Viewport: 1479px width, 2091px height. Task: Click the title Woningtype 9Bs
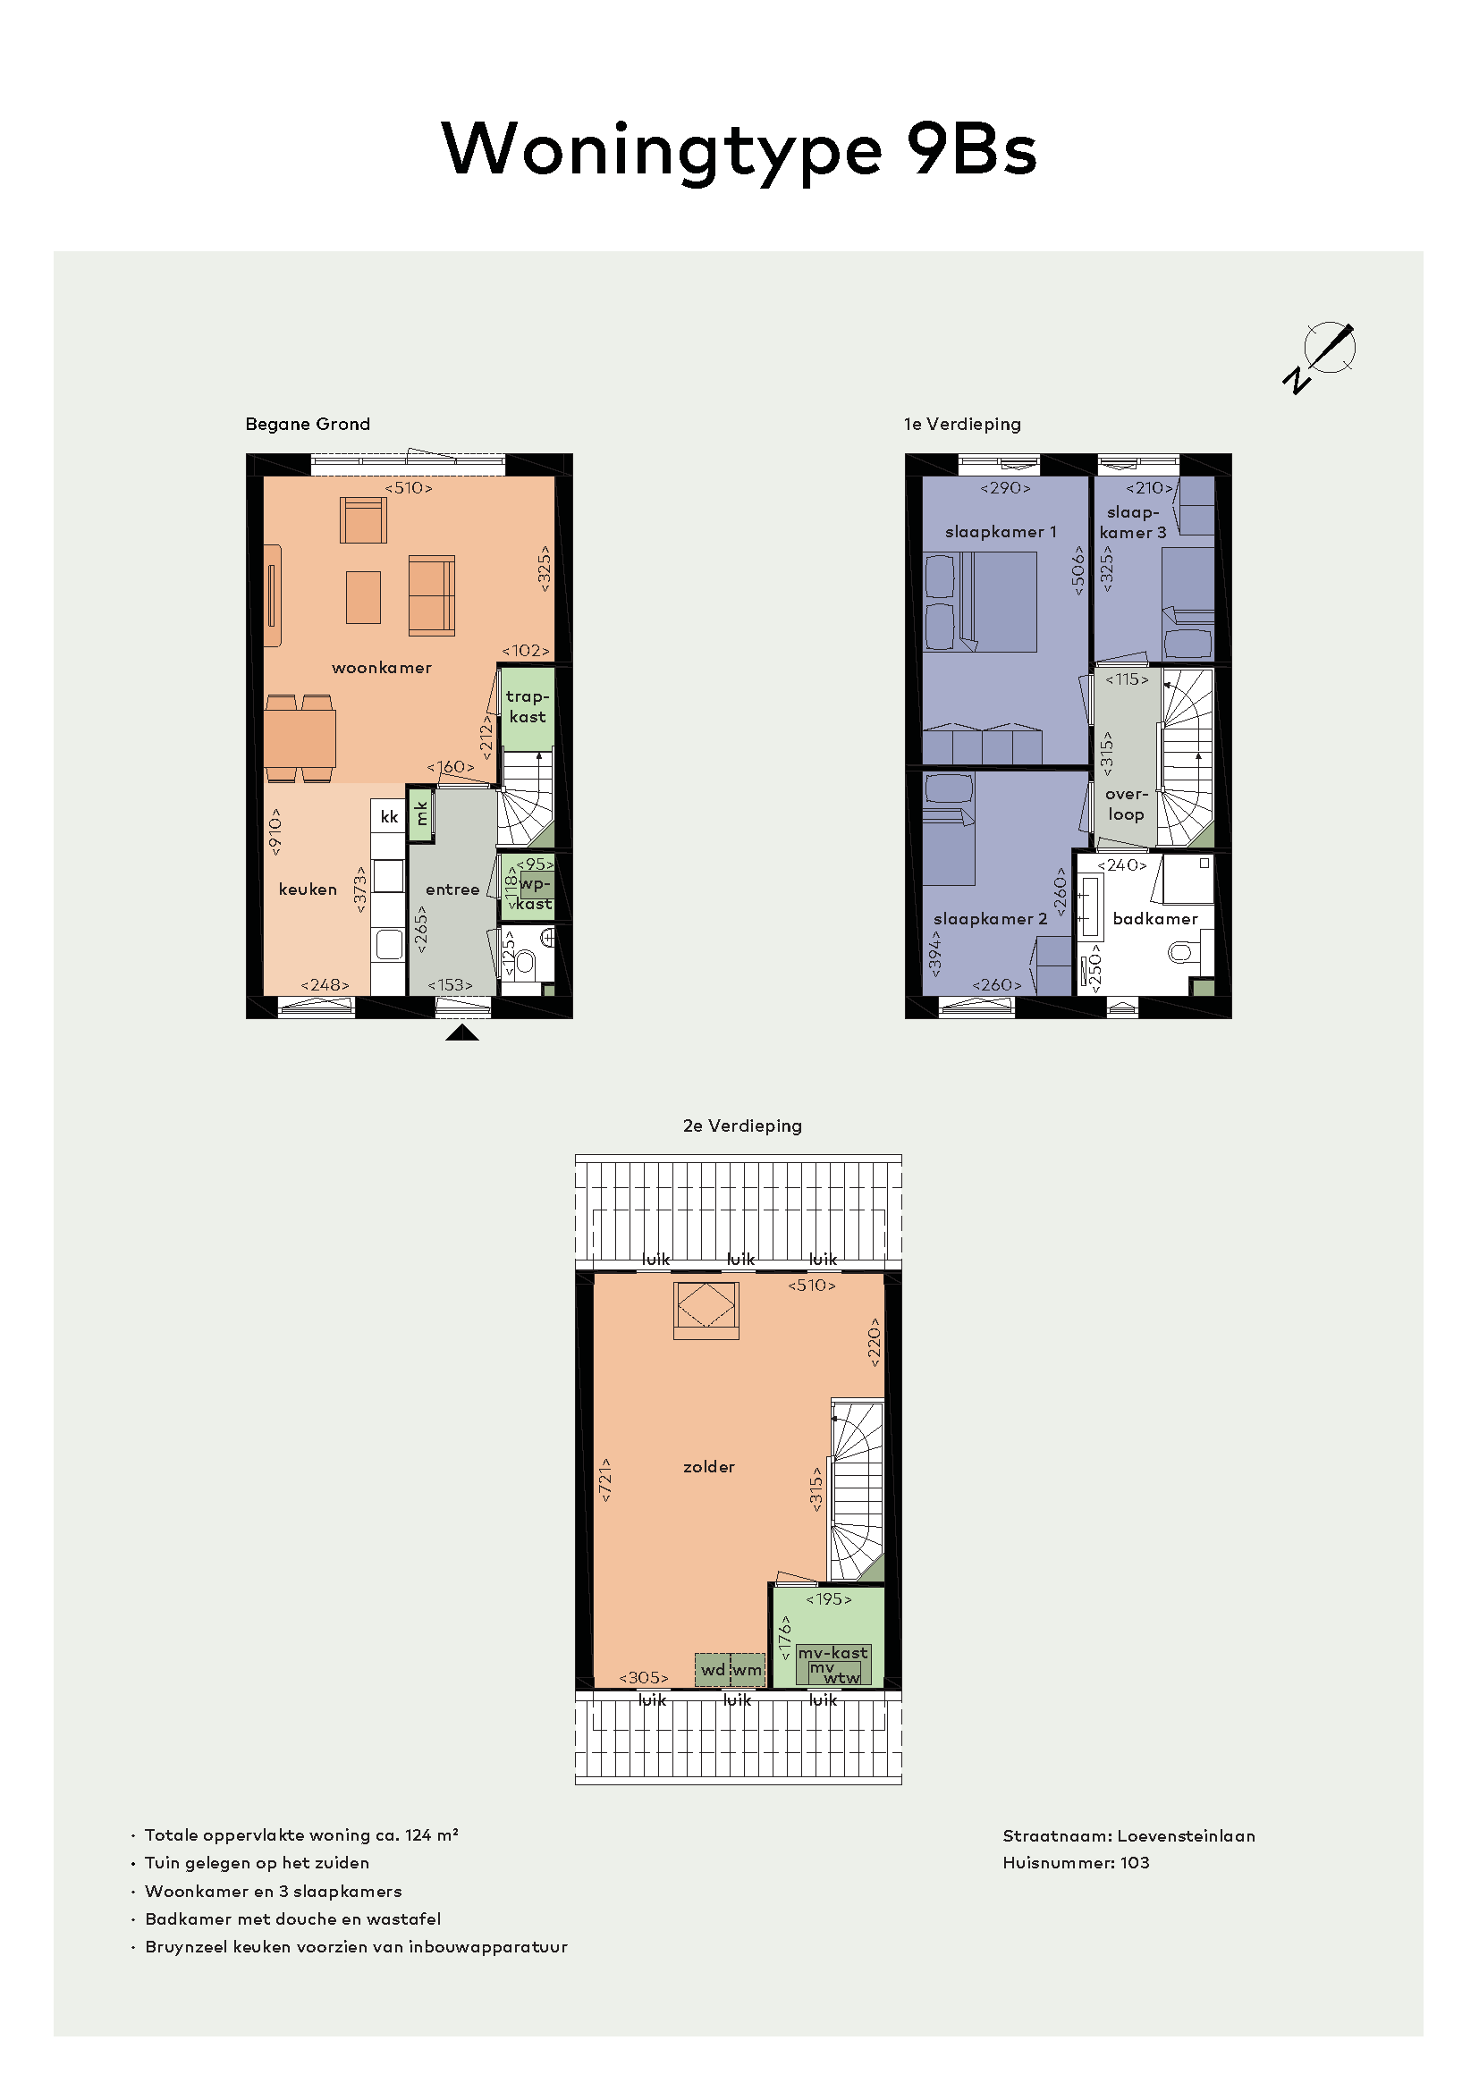pos(739,150)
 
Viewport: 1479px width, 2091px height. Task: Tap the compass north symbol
pos(1320,356)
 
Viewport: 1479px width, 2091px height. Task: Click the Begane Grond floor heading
pos(308,425)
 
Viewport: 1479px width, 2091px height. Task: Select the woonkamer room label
pos(382,668)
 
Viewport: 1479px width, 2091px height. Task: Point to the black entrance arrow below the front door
pos(461,1032)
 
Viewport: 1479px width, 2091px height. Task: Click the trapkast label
pos(528,707)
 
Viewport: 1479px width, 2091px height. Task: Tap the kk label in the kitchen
pos(389,816)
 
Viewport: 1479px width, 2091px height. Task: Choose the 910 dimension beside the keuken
pos(275,831)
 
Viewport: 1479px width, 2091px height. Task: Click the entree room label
pos(452,890)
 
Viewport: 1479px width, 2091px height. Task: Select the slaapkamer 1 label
pos(1001,532)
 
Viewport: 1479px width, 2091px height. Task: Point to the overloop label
pos(1127,805)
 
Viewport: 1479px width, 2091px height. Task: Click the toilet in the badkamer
pos(1184,953)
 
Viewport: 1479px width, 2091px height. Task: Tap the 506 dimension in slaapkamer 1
pos(1078,571)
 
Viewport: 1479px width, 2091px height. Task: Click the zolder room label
pos(708,1466)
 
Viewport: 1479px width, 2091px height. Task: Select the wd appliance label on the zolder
pos(713,1669)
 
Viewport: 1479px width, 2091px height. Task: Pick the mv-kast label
pos(832,1652)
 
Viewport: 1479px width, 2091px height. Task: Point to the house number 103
pos(1135,1862)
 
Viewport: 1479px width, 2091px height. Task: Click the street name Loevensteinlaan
pos(1186,1836)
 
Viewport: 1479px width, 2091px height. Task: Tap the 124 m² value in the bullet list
pos(432,1835)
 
